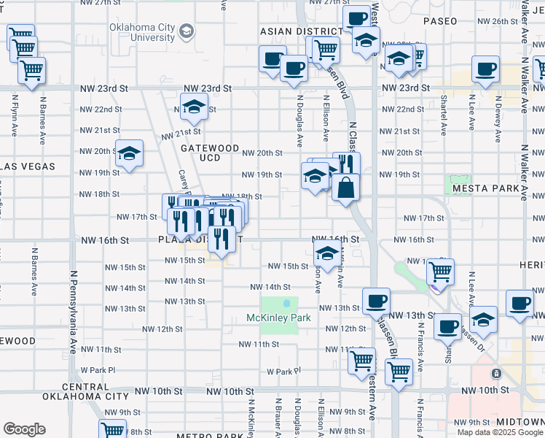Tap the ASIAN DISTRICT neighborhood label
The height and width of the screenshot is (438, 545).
pos(301,31)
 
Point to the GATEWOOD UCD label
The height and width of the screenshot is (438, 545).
pos(210,153)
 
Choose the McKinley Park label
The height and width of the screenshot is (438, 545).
pos(278,318)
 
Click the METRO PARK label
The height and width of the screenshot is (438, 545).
pos(203,436)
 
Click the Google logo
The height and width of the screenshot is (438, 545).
pos(24,429)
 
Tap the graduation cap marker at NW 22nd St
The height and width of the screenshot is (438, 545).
pos(193,107)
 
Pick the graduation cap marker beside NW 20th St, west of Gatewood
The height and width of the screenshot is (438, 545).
pos(130,153)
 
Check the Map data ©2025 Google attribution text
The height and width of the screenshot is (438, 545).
pos(499,432)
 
